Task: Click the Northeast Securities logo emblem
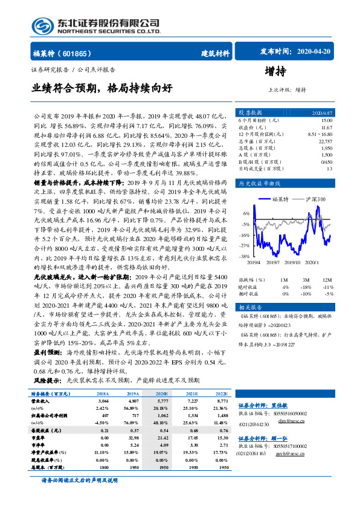pyautogui.click(x=42, y=25)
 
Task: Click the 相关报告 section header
pyautogui.click(x=249, y=308)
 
